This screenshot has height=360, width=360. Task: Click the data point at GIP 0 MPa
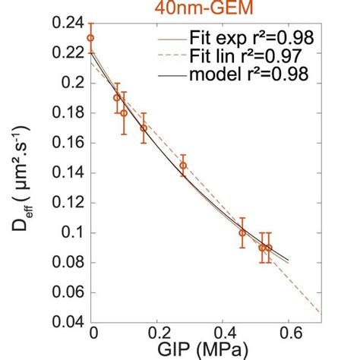90,37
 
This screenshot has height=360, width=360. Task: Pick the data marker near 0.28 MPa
182,165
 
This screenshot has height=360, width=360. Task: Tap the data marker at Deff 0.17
144,128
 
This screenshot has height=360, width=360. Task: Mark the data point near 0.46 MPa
242,232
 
